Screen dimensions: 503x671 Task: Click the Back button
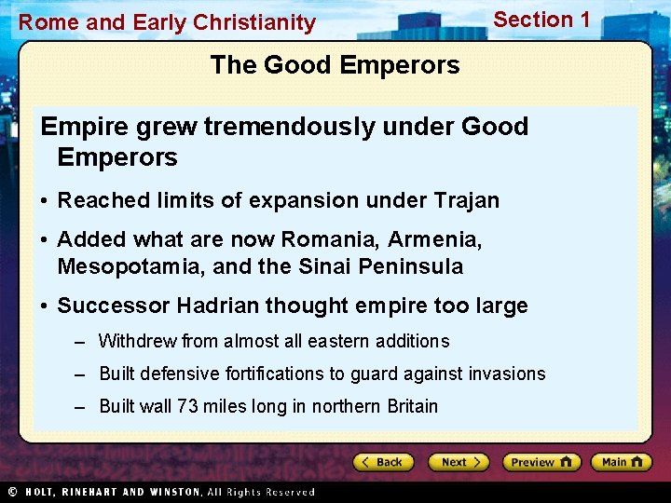(383, 462)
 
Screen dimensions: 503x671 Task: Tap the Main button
(621, 462)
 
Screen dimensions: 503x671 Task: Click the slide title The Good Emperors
(335, 65)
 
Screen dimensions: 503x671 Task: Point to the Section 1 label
(541, 20)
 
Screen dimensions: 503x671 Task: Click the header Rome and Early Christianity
(167, 22)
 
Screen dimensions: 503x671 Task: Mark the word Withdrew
(138, 342)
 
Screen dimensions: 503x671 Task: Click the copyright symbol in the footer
(12, 492)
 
